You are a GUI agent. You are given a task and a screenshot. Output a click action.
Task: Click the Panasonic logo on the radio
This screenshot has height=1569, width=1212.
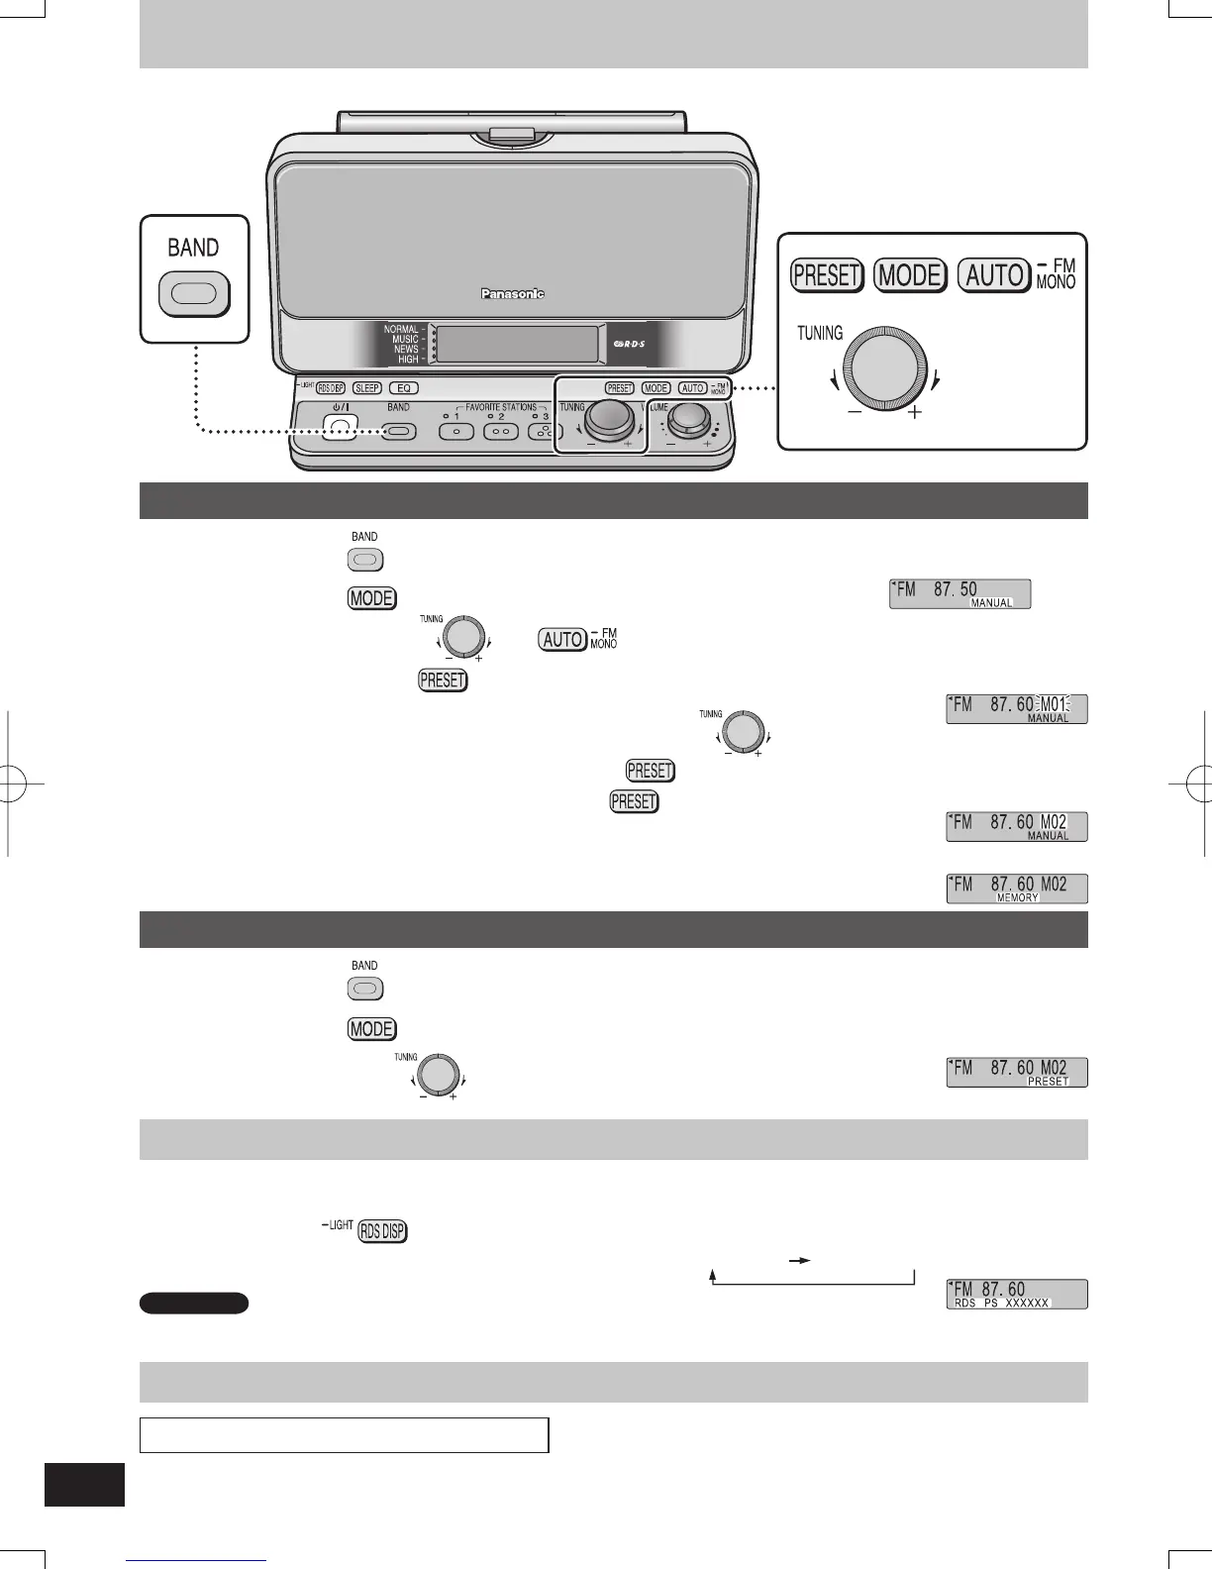[513, 293]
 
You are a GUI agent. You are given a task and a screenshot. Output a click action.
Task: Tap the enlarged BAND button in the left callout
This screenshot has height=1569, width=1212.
[194, 295]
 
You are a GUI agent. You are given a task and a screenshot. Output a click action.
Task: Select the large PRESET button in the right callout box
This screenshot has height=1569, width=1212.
[827, 274]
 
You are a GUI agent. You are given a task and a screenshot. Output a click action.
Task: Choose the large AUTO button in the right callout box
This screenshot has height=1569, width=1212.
[993, 274]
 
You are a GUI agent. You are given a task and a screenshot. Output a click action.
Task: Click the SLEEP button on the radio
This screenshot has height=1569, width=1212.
[367, 388]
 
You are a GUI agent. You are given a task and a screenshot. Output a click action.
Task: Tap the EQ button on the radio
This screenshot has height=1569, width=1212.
[403, 388]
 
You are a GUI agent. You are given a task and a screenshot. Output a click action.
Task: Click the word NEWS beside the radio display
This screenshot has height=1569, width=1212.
[406, 350]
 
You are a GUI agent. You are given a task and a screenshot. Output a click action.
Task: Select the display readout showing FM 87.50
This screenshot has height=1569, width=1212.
[959, 594]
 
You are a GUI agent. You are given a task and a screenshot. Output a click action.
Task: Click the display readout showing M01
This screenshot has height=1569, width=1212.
[1016, 709]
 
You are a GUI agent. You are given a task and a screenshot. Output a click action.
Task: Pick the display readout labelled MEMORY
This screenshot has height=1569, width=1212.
[1016, 889]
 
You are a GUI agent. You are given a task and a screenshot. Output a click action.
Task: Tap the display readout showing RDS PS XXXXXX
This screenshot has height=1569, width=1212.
[1016, 1295]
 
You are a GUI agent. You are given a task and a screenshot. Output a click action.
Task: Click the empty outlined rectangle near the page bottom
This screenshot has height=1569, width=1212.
[344, 1434]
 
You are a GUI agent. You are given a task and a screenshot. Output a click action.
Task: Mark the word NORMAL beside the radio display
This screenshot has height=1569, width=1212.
[401, 329]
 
